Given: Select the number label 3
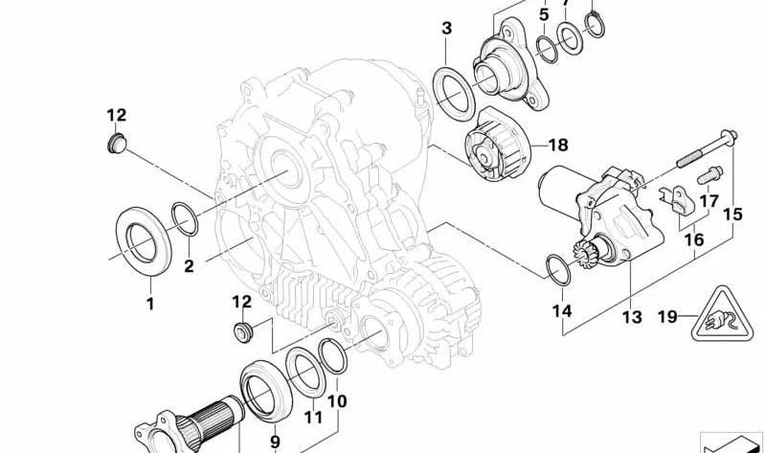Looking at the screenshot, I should click(x=446, y=28).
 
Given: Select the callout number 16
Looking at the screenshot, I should click(x=695, y=239).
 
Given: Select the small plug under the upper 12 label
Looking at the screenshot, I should click(x=116, y=145).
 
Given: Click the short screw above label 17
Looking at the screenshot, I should click(x=709, y=177).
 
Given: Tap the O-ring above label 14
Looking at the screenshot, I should click(x=558, y=269).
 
